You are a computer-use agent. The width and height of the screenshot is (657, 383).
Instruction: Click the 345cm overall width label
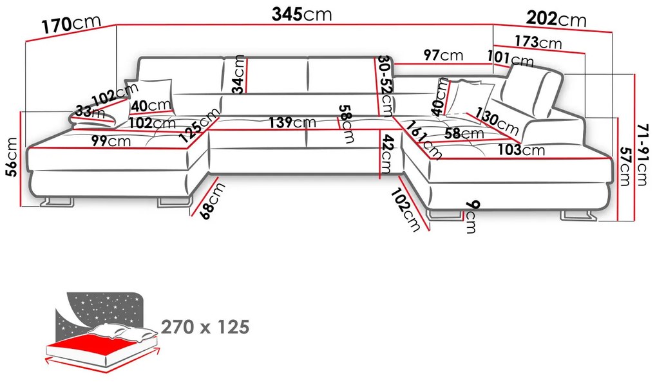click(301, 14)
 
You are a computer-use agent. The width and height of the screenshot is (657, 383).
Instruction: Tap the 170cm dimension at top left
click(71, 24)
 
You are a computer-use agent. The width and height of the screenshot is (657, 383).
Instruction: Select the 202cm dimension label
click(556, 19)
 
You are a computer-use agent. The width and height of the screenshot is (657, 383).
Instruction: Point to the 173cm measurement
click(538, 42)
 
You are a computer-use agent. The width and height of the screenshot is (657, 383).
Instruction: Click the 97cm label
click(443, 55)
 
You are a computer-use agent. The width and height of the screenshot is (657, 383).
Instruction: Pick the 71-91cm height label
click(642, 154)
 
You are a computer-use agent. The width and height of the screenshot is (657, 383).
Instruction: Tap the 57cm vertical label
click(625, 166)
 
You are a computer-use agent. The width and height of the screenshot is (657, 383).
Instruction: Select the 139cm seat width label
click(292, 122)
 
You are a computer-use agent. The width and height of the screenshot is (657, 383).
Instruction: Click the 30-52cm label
click(385, 86)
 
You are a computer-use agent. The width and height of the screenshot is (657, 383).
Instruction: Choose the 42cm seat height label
click(386, 154)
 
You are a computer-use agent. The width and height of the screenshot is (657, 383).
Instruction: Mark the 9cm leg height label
click(471, 216)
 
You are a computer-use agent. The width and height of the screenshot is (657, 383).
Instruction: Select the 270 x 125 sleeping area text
click(205, 327)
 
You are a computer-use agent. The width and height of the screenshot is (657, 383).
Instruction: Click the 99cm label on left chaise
click(111, 141)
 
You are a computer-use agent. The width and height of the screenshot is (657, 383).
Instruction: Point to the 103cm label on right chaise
click(521, 149)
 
